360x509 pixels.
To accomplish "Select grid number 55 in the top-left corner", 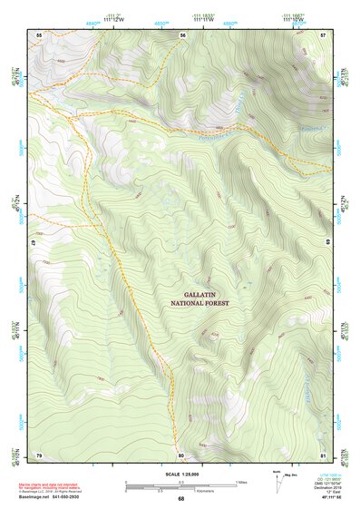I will [x=39, y=34].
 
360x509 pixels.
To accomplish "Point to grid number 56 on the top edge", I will [x=182, y=34].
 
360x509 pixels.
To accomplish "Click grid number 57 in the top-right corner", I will [x=324, y=34].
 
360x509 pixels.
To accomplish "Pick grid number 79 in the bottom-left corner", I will [x=39, y=454].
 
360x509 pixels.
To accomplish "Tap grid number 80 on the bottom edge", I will [x=181, y=454].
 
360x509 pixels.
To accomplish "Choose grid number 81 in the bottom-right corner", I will [x=323, y=454].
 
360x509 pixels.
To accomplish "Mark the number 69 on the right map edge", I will [x=326, y=244].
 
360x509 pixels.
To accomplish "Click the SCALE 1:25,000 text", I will [x=180, y=473].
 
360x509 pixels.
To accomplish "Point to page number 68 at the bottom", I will [x=180, y=499].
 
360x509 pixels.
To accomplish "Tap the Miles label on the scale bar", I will [x=242, y=481].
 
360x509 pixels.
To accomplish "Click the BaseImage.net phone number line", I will [x=56, y=498].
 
